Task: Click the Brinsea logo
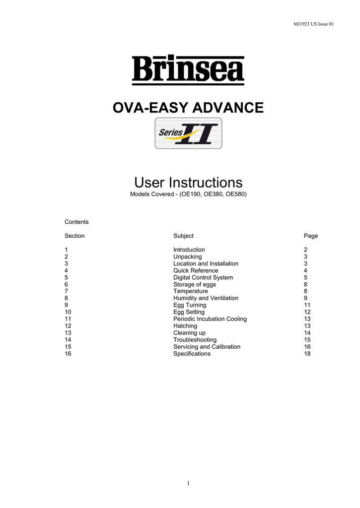coord(188,70)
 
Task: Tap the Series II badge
coord(188,133)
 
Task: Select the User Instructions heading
coord(188,182)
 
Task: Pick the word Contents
coord(76,222)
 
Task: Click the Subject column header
coord(183,236)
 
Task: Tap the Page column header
coord(311,236)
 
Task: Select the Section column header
coord(74,236)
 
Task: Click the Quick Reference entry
coord(196,270)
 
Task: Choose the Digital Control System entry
coord(203,277)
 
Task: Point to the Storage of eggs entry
coord(195,284)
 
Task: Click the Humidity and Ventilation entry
coord(206,298)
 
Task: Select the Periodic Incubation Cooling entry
coord(210,319)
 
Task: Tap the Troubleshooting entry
coord(195,340)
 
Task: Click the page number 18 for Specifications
coord(307,354)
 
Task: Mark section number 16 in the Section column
coord(68,354)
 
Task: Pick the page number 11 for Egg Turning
coord(307,305)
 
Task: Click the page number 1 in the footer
coord(189,483)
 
